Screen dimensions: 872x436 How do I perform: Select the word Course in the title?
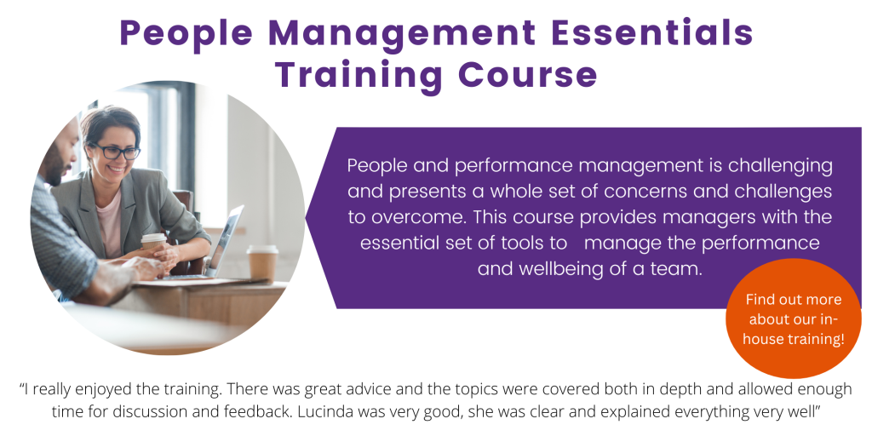tap(528, 75)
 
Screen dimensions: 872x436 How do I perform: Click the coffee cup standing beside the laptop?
tap(262, 263)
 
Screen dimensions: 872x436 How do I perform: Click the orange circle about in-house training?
tap(794, 318)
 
